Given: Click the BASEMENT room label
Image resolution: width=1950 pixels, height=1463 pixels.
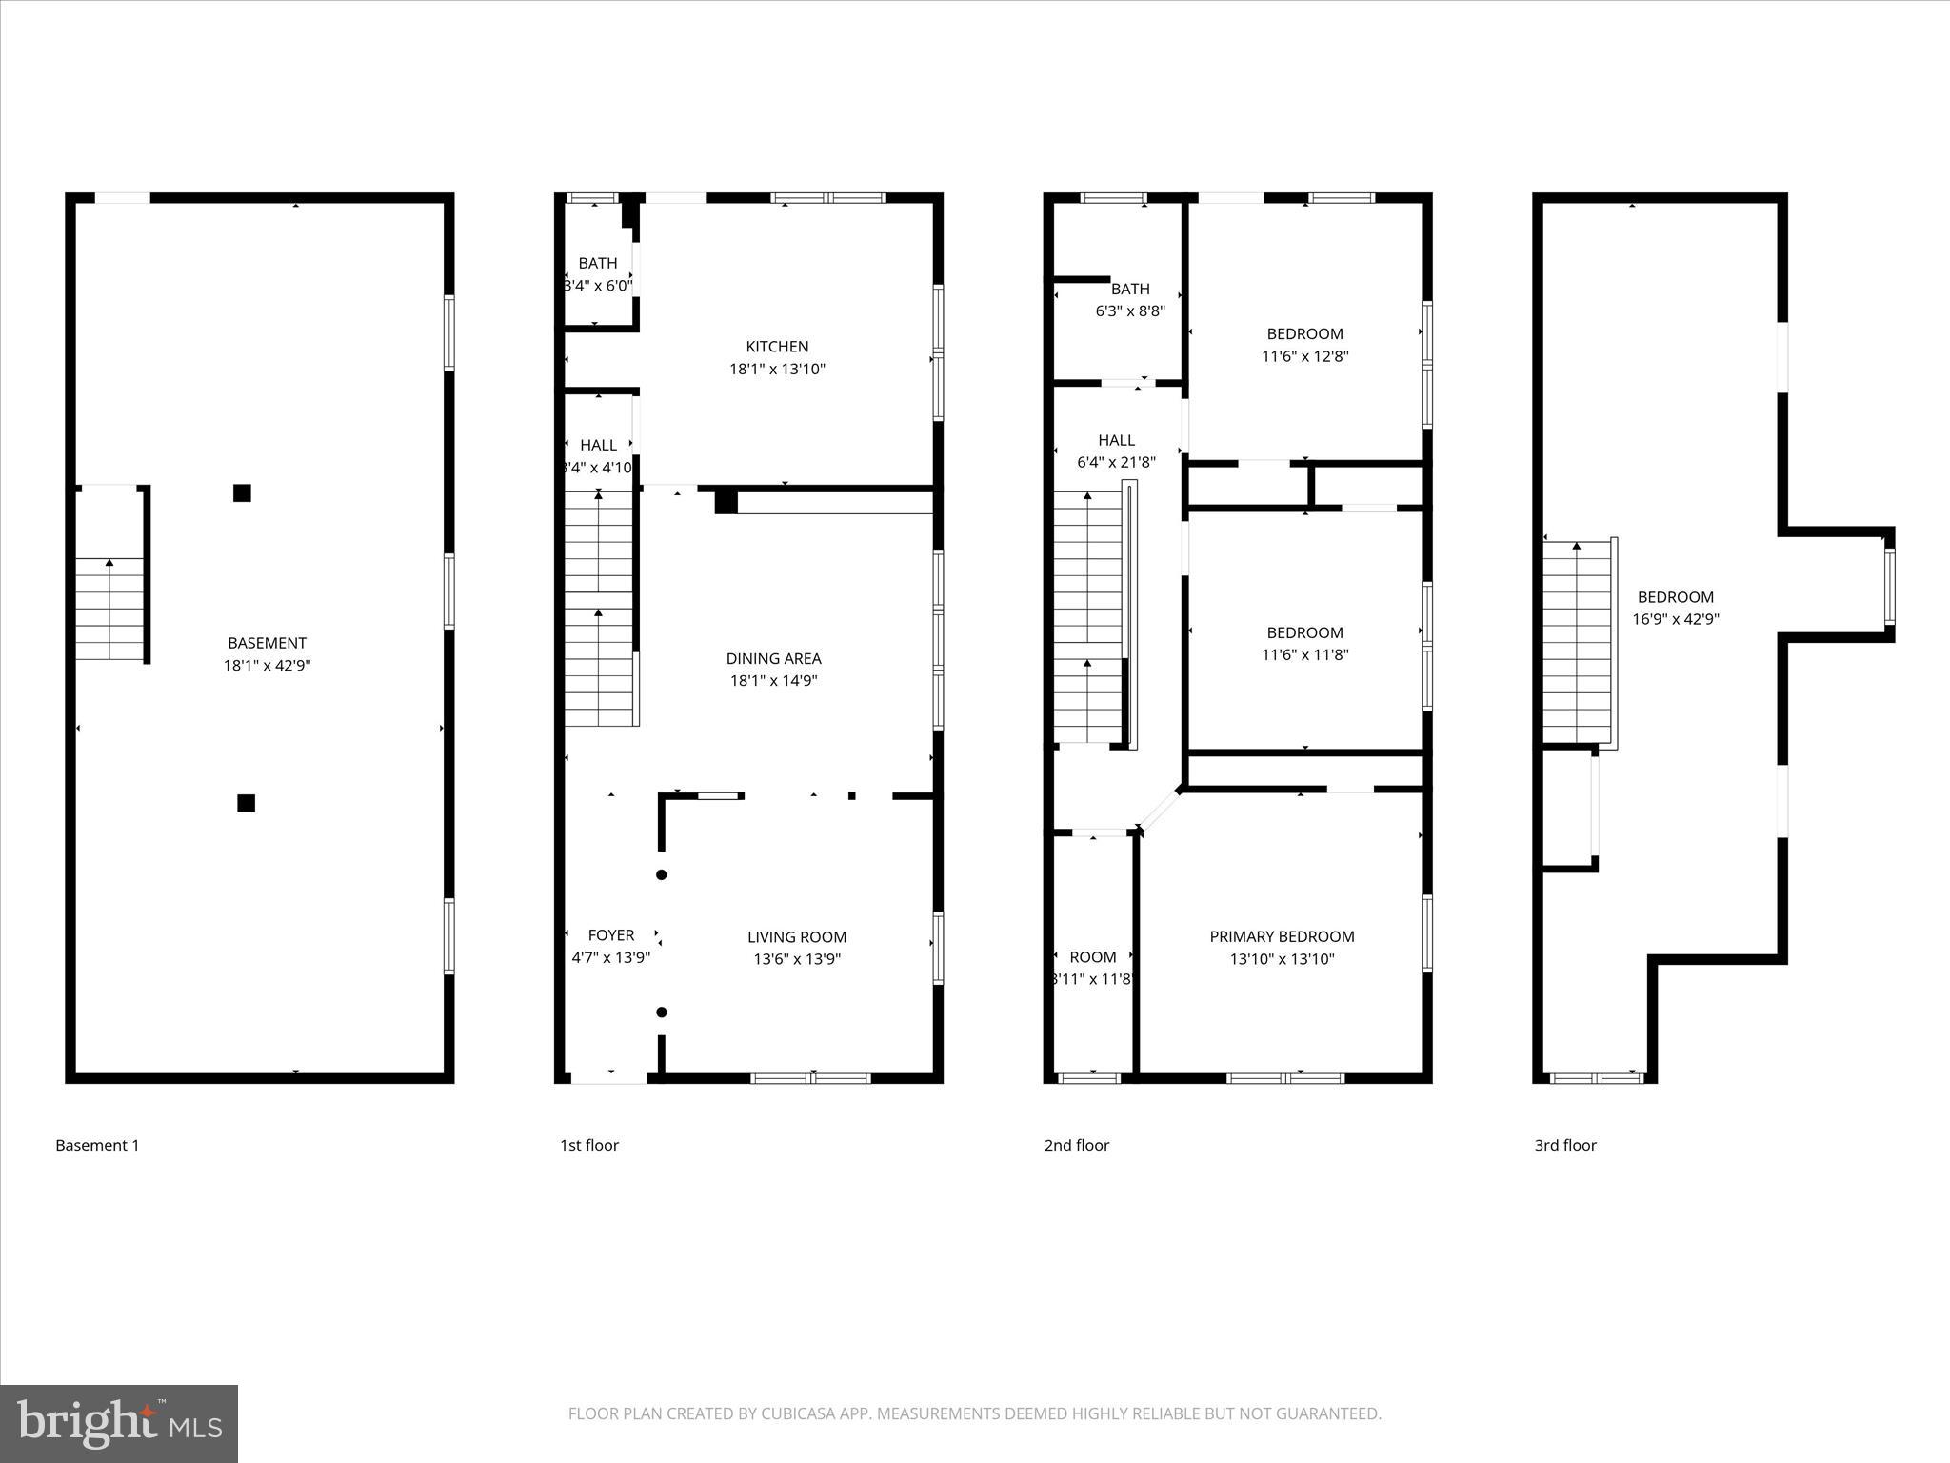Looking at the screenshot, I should point(267,643).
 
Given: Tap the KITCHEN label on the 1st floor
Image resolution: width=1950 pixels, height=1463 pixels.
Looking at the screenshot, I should point(777,347).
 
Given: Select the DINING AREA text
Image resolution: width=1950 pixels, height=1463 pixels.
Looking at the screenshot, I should point(773,658).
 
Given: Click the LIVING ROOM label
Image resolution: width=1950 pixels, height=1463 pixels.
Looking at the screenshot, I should point(797,937).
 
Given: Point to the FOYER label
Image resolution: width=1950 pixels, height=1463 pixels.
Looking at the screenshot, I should point(610,935).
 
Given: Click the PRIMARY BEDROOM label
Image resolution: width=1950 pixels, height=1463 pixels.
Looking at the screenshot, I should point(1282,936).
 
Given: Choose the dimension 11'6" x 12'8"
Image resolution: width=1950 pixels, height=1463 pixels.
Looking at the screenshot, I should point(1304,356).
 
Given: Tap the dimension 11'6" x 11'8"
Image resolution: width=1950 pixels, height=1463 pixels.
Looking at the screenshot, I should point(1304,654).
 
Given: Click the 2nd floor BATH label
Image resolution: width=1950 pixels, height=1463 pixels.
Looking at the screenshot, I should point(1130,289).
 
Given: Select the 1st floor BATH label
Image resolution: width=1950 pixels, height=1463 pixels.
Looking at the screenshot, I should point(598,263).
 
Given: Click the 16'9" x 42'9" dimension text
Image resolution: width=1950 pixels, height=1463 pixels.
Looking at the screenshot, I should point(1676,619).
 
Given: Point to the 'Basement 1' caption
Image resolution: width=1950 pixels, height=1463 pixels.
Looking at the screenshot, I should point(97,1145).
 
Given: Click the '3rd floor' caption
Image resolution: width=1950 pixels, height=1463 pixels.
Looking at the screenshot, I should point(1565,1145).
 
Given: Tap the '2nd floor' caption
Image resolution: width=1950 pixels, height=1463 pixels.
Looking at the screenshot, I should point(1077,1145).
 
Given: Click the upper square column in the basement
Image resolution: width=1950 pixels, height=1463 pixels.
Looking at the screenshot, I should point(242,492).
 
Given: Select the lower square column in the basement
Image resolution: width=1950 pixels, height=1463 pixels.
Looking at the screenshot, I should point(246,803).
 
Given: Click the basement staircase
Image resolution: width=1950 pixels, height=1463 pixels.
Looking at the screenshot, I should point(109,610).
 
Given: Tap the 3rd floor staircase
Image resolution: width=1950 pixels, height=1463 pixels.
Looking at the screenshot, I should point(1577,643).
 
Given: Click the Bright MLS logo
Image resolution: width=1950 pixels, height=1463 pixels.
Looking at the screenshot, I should point(119,1423).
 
